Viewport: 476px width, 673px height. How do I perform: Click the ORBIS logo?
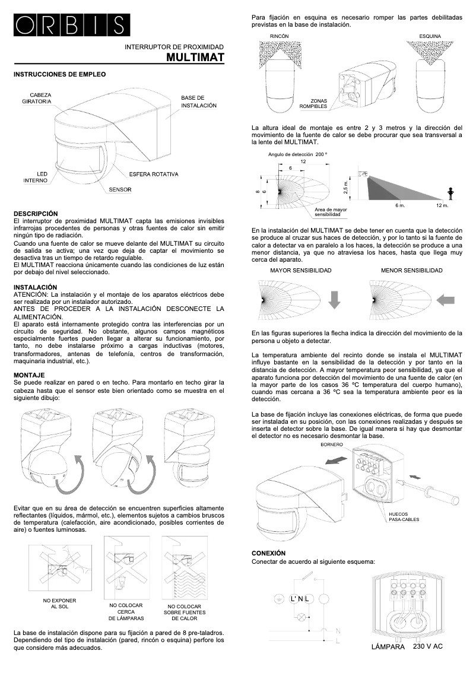(70, 24)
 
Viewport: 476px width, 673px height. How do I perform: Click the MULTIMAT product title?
(195, 58)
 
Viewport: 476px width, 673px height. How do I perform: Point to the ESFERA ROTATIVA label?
(153, 174)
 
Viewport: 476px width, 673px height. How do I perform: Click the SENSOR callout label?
(120, 189)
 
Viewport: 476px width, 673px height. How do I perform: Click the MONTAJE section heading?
(29, 375)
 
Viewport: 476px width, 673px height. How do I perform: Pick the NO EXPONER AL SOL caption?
(59, 604)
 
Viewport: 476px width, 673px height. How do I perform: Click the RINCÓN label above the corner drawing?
(279, 37)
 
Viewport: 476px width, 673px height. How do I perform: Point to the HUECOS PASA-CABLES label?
(404, 516)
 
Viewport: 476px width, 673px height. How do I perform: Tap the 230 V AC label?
(427, 646)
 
